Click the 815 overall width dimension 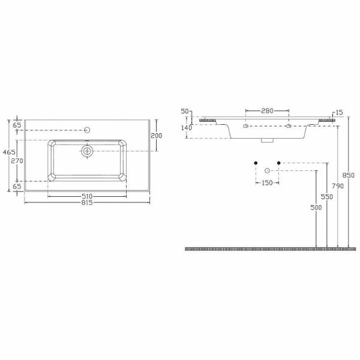87,203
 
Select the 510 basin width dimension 87,196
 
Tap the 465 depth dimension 9,152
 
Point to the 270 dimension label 17,161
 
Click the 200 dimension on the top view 157,136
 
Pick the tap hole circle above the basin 87,130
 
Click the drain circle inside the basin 87,151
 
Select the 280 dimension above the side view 267,111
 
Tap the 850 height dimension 348,175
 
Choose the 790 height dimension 338,186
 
